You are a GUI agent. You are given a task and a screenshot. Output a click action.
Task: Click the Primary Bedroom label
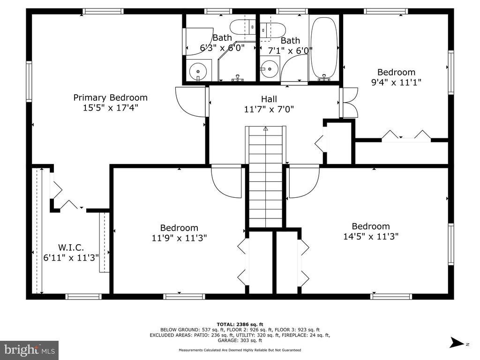110,97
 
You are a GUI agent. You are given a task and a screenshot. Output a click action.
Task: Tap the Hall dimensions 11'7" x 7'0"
269,109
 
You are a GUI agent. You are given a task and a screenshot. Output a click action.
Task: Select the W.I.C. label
71,247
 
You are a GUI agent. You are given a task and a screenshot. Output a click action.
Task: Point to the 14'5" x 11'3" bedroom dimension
371,236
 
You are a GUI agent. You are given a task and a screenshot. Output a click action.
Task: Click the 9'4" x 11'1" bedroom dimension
396,82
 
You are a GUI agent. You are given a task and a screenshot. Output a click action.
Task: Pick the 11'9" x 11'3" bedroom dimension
179,238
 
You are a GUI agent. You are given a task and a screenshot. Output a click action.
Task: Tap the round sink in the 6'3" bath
198,71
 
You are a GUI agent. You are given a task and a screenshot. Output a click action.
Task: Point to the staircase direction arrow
265,129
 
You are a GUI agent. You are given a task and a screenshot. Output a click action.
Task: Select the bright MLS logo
30,350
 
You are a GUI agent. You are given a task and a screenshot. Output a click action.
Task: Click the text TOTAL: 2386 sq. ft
240,324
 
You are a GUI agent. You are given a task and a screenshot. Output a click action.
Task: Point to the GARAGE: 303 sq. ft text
240,340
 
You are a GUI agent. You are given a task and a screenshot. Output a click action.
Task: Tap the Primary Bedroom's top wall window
103,11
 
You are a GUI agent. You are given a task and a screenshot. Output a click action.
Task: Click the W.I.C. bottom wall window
83,296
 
